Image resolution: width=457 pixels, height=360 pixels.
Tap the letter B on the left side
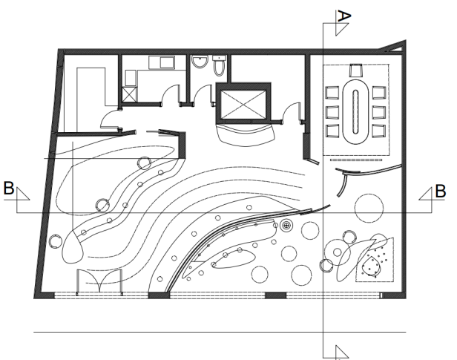(9, 188)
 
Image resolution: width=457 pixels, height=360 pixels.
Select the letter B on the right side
(441, 192)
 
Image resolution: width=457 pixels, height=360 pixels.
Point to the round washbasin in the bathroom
(200, 62)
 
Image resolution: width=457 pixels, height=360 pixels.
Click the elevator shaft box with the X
(243, 104)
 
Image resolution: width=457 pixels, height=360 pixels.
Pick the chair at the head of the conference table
(355, 71)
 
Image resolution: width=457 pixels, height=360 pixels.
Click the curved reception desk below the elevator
(246, 134)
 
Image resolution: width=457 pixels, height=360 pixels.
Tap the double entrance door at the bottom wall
(99, 282)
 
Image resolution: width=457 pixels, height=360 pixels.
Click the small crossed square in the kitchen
(129, 94)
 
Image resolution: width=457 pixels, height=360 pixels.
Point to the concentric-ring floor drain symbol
(286, 225)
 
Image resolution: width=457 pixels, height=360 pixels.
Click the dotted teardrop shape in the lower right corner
(371, 266)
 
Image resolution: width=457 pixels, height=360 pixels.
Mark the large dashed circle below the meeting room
(369, 208)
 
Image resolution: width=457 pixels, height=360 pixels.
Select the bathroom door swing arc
(202, 94)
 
